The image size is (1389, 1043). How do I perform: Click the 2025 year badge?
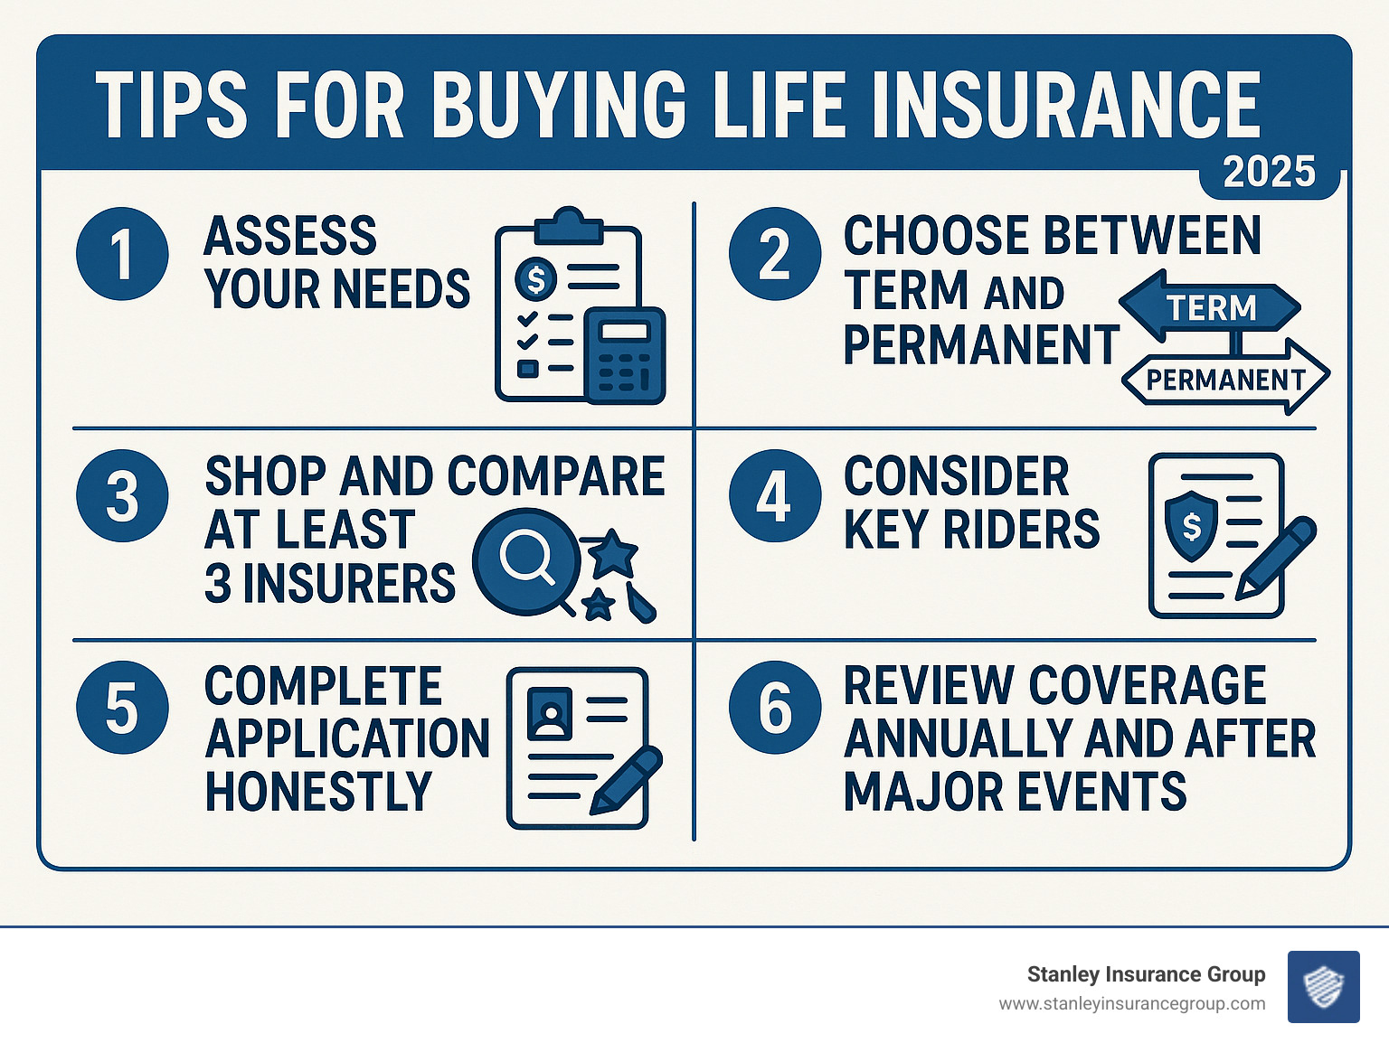point(1269,172)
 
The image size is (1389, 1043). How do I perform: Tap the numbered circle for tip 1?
point(122,254)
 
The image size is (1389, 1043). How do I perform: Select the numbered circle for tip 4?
point(775,496)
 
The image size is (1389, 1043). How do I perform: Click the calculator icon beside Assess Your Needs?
point(625,356)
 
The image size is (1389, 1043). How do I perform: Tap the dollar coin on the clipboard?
point(536,279)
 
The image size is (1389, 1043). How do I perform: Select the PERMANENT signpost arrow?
point(1225,379)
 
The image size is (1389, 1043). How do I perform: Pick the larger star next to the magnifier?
point(614,552)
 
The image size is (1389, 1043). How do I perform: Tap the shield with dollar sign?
point(1192,525)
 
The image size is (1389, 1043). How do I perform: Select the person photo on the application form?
point(549,713)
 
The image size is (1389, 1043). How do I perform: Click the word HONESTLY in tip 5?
point(318,792)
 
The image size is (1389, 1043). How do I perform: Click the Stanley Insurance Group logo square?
point(1323,986)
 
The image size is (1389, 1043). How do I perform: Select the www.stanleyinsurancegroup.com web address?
point(1131,1004)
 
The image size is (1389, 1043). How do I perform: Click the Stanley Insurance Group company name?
point(1146,974)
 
